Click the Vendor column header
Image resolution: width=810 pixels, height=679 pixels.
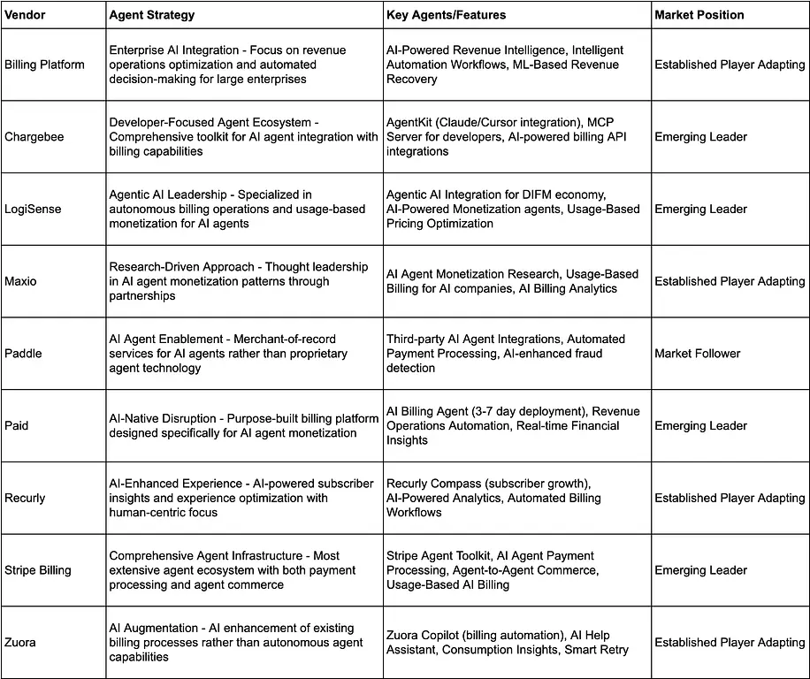25,15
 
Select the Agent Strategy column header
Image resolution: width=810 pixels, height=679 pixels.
151,15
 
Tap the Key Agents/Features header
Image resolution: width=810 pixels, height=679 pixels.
446,15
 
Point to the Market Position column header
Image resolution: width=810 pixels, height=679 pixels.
699,15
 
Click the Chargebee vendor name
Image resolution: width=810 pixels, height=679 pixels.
34,137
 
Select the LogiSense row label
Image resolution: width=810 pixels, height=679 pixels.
33,210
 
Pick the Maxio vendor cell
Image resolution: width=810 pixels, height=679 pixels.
21,281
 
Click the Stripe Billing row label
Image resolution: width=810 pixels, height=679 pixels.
37,570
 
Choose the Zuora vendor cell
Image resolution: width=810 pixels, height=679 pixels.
20,643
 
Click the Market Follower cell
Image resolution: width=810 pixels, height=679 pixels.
698,354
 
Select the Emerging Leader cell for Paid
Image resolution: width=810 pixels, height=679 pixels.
700,426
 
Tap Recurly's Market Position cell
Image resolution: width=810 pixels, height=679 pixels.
730,498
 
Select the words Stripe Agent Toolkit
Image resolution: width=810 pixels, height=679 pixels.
439,556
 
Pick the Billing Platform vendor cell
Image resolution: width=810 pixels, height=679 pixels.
44,65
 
